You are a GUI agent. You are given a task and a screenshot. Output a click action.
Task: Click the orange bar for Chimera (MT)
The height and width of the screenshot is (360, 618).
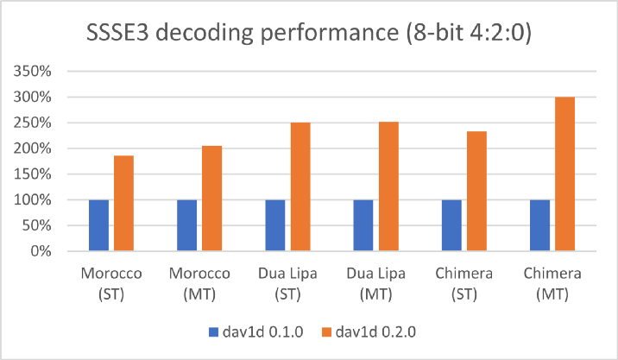(564, 174)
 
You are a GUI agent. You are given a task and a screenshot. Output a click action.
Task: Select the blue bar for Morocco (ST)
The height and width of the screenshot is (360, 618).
(99, 225)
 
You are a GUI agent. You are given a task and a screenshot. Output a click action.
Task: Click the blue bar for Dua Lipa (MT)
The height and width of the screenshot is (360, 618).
(363, 225)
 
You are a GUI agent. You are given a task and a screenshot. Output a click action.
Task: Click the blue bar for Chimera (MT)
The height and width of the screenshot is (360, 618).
(539, 225)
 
